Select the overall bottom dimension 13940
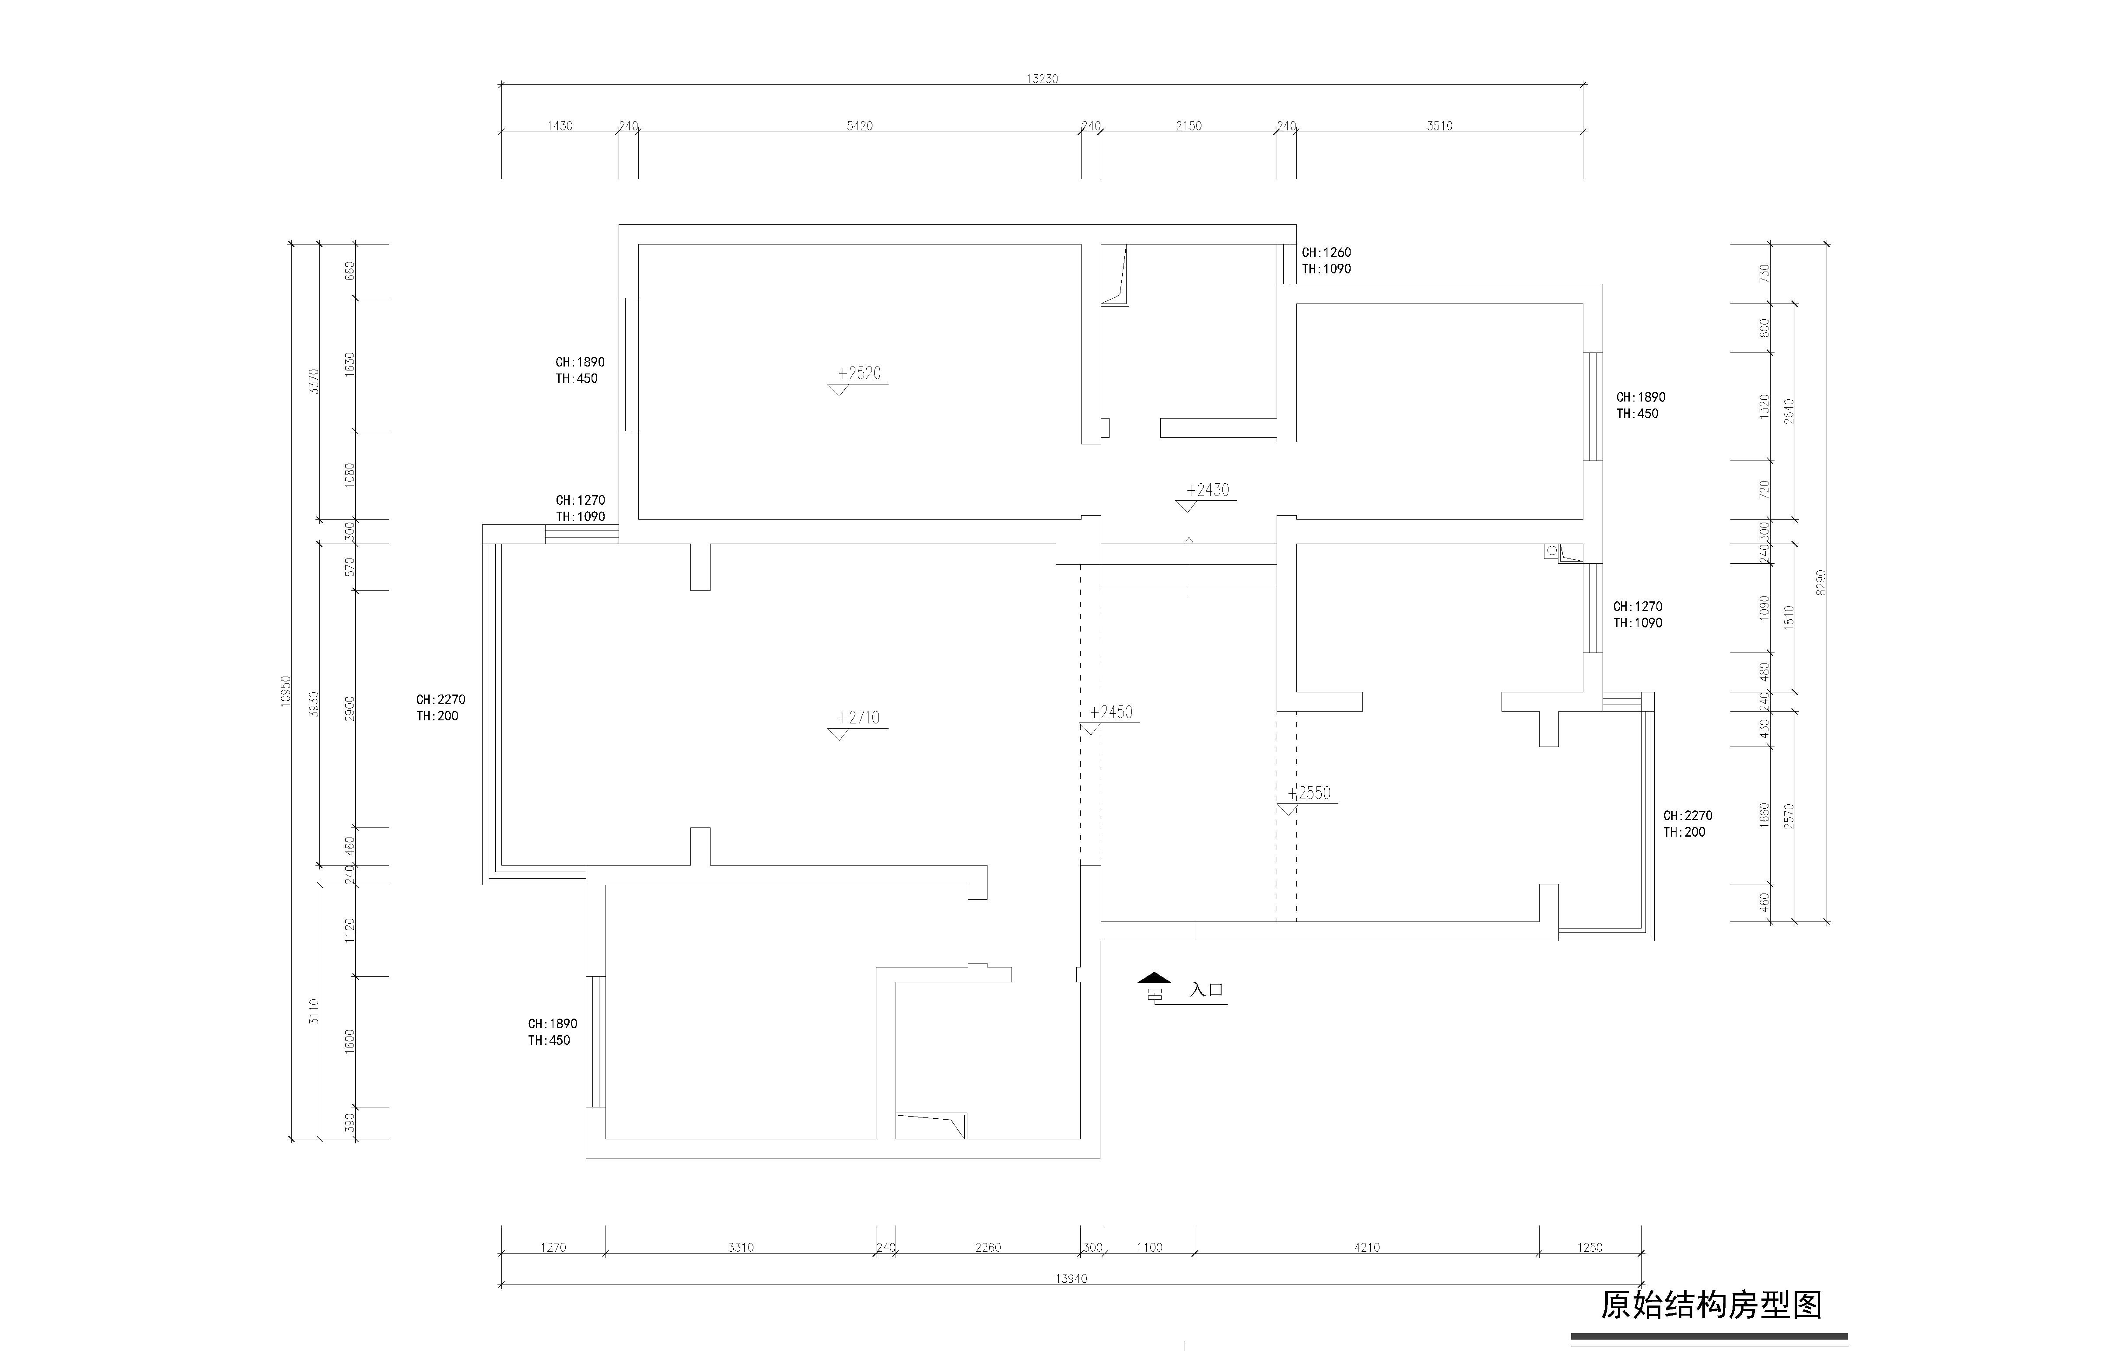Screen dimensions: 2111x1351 [x=1071, y=1278]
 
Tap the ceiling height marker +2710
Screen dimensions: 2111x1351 [x=859, y=718]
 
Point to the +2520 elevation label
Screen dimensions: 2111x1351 [x=859, y=373]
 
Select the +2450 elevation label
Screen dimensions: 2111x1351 [x=1112, y=712]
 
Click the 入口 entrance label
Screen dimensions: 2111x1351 [x=1206, y=990]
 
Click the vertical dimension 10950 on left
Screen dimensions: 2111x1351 [x=285, y=691]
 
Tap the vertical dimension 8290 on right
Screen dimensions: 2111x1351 [x=1820, y=583]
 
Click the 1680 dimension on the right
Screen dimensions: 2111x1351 [x=1764, y=815]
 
